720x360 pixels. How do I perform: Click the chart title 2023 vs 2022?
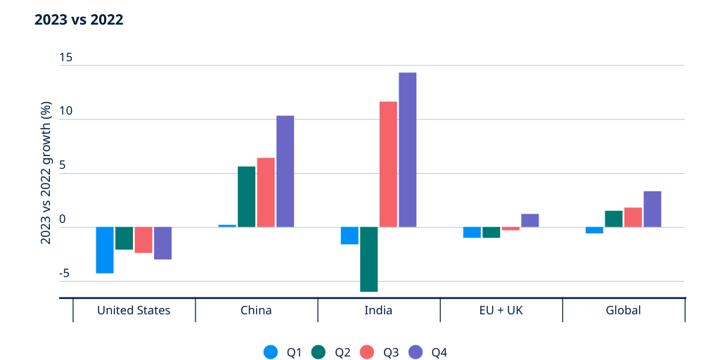click(79, 20)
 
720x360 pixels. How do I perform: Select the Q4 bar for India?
click(408, 149)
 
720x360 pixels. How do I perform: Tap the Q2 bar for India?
click(368, 259)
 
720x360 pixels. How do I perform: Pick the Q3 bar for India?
click(388, 164)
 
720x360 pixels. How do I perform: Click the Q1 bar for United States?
click(105, 250)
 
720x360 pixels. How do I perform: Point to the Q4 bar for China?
click(285, 171)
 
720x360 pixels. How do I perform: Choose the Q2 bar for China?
click(246, 196)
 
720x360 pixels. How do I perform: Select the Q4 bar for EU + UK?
click(530, 220)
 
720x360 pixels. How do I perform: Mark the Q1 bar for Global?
click(594, 230)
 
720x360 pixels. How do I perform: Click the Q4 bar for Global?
click(652, 209)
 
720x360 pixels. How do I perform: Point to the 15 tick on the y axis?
click(66, 58)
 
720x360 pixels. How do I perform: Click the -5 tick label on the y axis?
click(65, 274)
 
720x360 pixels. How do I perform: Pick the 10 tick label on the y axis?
click(66, 112)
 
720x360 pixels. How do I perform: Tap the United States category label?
click(134, 310)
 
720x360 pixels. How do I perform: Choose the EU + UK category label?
click(501, 310)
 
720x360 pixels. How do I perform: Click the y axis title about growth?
click(46, 173)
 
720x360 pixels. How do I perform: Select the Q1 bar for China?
click(227, 226)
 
